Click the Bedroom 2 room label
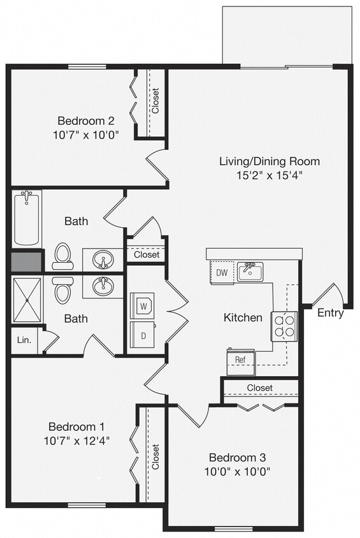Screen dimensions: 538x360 [x=85, y=120]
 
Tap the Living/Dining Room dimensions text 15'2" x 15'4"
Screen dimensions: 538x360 [x=269, y=175]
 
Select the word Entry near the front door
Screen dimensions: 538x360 [x=330, y=313]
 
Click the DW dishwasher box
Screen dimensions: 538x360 [x=222, y=272]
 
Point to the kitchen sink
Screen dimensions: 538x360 [x=250, y=272]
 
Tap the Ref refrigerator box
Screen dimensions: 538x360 [x=240, y=360]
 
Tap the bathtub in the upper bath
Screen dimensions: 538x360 [x=27, y=219]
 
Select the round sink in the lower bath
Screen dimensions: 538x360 [x=103, y=286]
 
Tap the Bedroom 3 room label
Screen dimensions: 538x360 [x=237, y=458]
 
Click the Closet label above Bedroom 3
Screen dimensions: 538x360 [x=259, y=388]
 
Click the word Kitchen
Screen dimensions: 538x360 [x=243, y=317]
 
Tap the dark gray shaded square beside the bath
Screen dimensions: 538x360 [x=26, y=261]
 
